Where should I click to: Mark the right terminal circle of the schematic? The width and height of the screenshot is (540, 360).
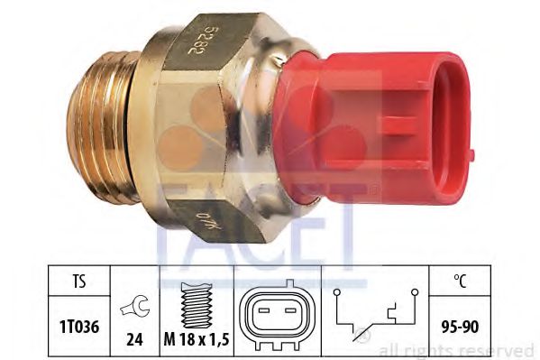coord(416,291)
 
